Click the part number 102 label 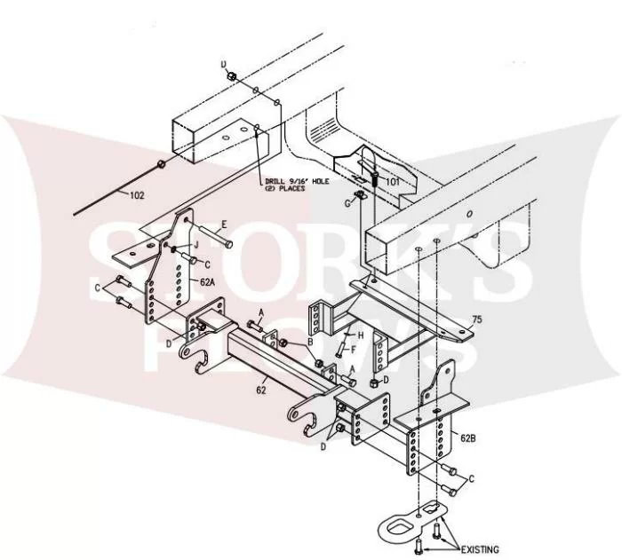137,195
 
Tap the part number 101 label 393,182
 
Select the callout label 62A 207,282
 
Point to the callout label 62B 468,438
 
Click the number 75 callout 477,319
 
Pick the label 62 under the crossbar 261,390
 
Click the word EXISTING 480,549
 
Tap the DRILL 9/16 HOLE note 297,185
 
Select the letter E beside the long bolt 224,225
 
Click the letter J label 196,245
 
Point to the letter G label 348,204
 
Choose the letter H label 361,335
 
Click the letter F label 353,350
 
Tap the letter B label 311,341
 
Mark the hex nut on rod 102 162,163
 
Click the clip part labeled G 360,194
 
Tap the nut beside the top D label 233,75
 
